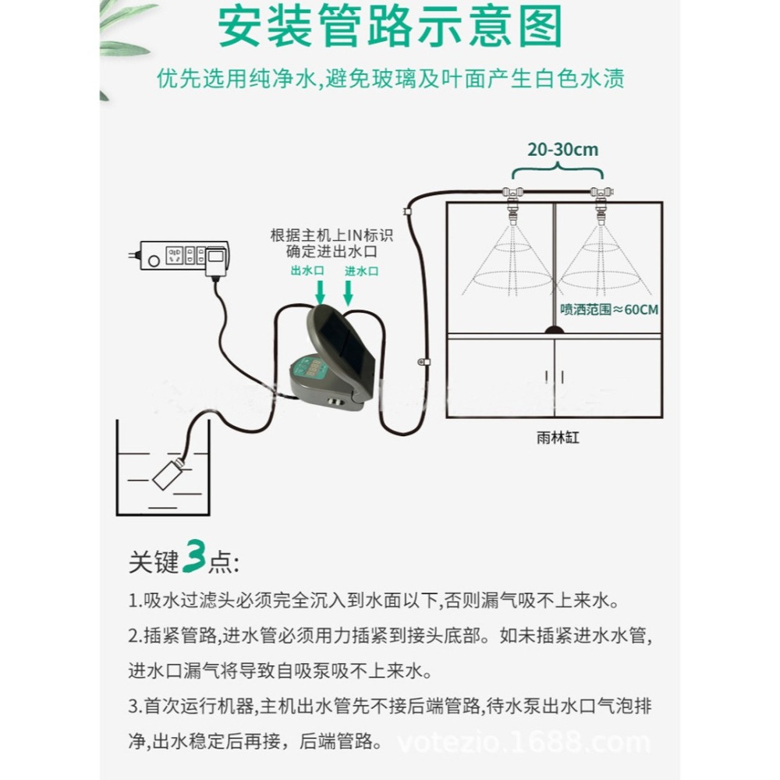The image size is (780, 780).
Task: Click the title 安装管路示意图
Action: (389, 29)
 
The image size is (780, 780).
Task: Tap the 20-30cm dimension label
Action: (562, 149)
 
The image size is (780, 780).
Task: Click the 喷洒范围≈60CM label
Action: (609, 310)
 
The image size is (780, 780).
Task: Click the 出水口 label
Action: (306, 271)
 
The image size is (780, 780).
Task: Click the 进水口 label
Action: (361, 271)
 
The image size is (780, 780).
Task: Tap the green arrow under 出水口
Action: (320, 292)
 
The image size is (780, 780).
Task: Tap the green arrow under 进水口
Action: (348, 292)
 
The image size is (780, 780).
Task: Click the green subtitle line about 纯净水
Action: (390, 79)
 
